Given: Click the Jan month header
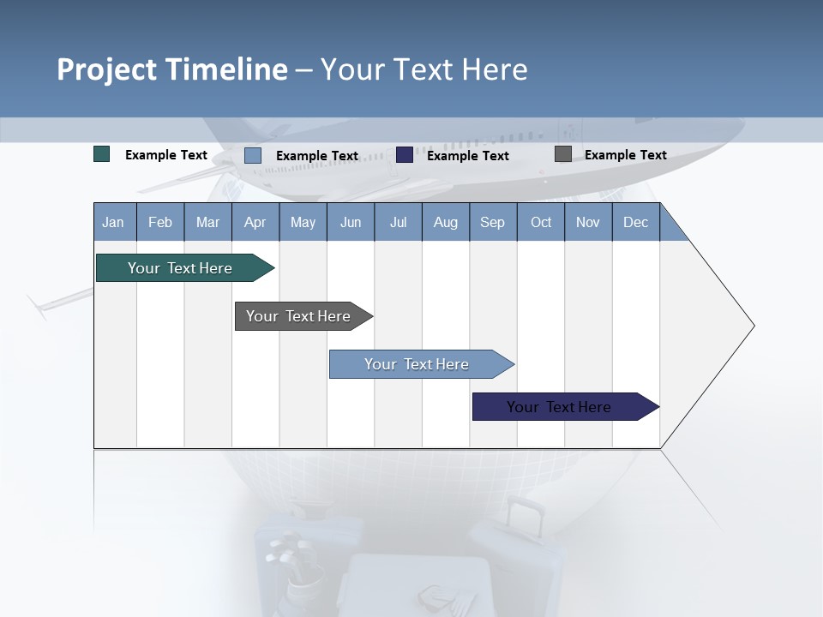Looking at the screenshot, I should tap(113, 222).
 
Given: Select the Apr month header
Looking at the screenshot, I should tap(255, 222).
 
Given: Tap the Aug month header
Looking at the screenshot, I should tap(445, 222).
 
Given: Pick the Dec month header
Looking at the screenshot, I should tap(635, 222).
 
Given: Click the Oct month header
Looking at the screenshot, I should tap(541, 222).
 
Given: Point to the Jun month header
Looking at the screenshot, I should tap(350, 222).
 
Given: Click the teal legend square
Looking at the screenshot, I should tap(102, 154).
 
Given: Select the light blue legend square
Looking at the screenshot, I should tap(253, 155).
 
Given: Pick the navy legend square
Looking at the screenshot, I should tap(405, 155).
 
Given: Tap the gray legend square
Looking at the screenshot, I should tap(563, 154).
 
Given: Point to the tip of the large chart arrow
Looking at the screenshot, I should tap(753, 326).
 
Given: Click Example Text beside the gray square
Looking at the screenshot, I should tap(625, 155).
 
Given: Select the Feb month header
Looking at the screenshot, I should tap(160, 222).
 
